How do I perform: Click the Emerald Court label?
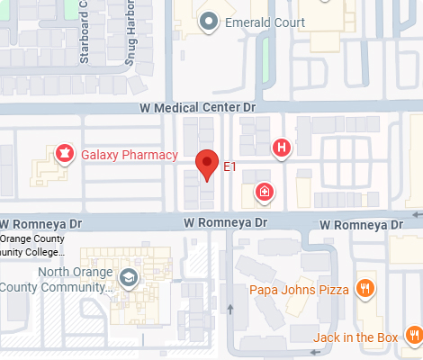[265, 22]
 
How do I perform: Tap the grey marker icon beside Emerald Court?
[209, 21]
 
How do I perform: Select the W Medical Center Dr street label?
[198, 108]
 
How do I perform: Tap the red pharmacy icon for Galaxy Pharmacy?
[65, 154]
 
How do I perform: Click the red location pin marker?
[208, 165]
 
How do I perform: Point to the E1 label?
[229, 167]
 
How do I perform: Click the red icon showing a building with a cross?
[265, 191]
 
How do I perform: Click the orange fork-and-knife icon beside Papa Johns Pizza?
[364, 289]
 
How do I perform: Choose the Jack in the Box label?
[355, 338]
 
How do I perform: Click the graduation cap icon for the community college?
[128, 278]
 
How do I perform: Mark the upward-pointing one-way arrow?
[230, 310]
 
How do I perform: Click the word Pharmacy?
[153, 155]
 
